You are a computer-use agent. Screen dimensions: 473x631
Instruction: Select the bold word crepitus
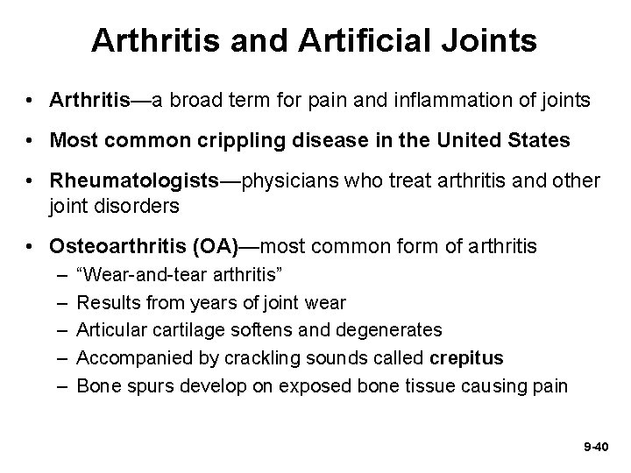(x=467, y=357)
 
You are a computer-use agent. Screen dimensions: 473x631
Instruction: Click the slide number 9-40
(x=594, y=447)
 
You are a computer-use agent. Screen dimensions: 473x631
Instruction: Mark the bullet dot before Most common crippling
(x=31, y=141)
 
